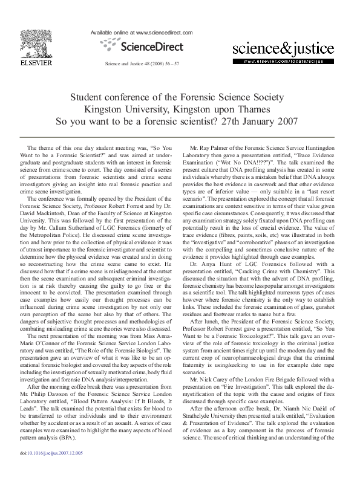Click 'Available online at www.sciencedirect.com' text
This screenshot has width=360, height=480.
click(x=141, y=31)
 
